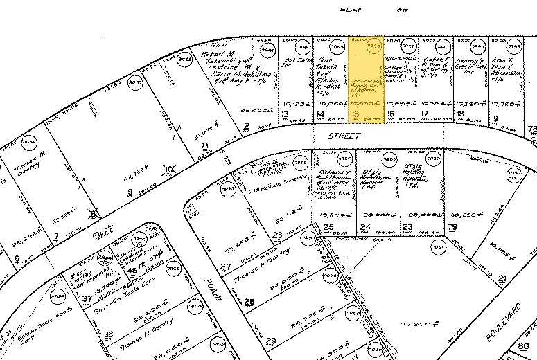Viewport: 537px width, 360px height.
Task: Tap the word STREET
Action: pyautogui.click(x=335, y=138)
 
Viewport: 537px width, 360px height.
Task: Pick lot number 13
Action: pyautogui.click(x=285, y=114)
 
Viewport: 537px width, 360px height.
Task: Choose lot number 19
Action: pyautogui.click(x=495, y=119)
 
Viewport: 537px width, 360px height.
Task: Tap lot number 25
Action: pyautogui.click(x=328, y=227)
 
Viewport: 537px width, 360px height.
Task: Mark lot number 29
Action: pyautogui.click(x=271, y=340)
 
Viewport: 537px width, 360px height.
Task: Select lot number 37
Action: pyautogui.click(x=87, y=300)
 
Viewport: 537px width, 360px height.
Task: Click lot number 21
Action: pyautogui.click(x=502, y=279)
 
